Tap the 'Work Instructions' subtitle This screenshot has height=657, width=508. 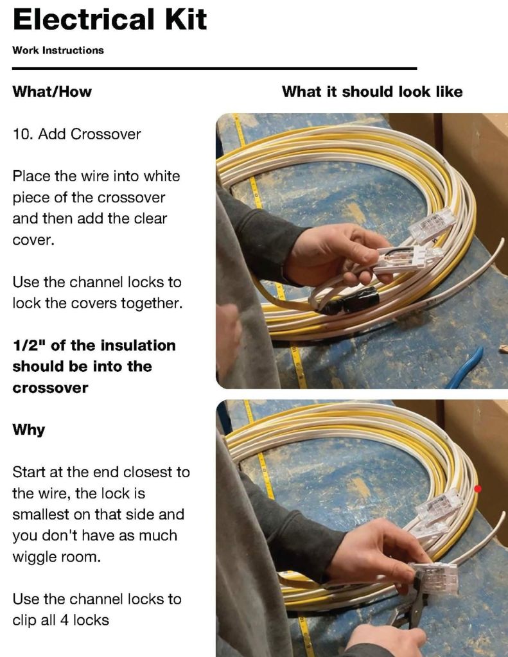(x=58, y=50)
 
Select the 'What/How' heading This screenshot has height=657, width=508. (x=52, y=91)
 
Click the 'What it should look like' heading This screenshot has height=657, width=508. (x=372, y=91)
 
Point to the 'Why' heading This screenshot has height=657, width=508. (x=28, y=430)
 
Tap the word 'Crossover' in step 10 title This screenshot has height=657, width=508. (x=106, y=134)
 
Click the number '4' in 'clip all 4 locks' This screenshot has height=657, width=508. (x=65, y=620)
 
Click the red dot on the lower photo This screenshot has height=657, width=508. (x=478, y=489)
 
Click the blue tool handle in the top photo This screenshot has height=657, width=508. (x=464, y=368)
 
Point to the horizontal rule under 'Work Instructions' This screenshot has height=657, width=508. (x=215, y=68)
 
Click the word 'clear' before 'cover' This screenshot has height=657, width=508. (x=150, y=219)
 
